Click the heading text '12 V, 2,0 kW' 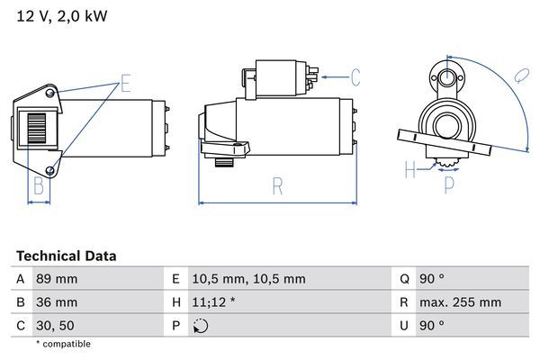56,17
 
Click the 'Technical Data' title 66,256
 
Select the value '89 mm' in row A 57,279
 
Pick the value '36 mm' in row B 57,302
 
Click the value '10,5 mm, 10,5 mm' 249,279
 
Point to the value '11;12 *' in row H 217,302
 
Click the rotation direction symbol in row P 201,326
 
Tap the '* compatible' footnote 63,344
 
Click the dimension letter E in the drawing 126,85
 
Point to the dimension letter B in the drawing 39,186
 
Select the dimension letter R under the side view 277,186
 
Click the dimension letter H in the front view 410,168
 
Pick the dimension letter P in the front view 449,186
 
